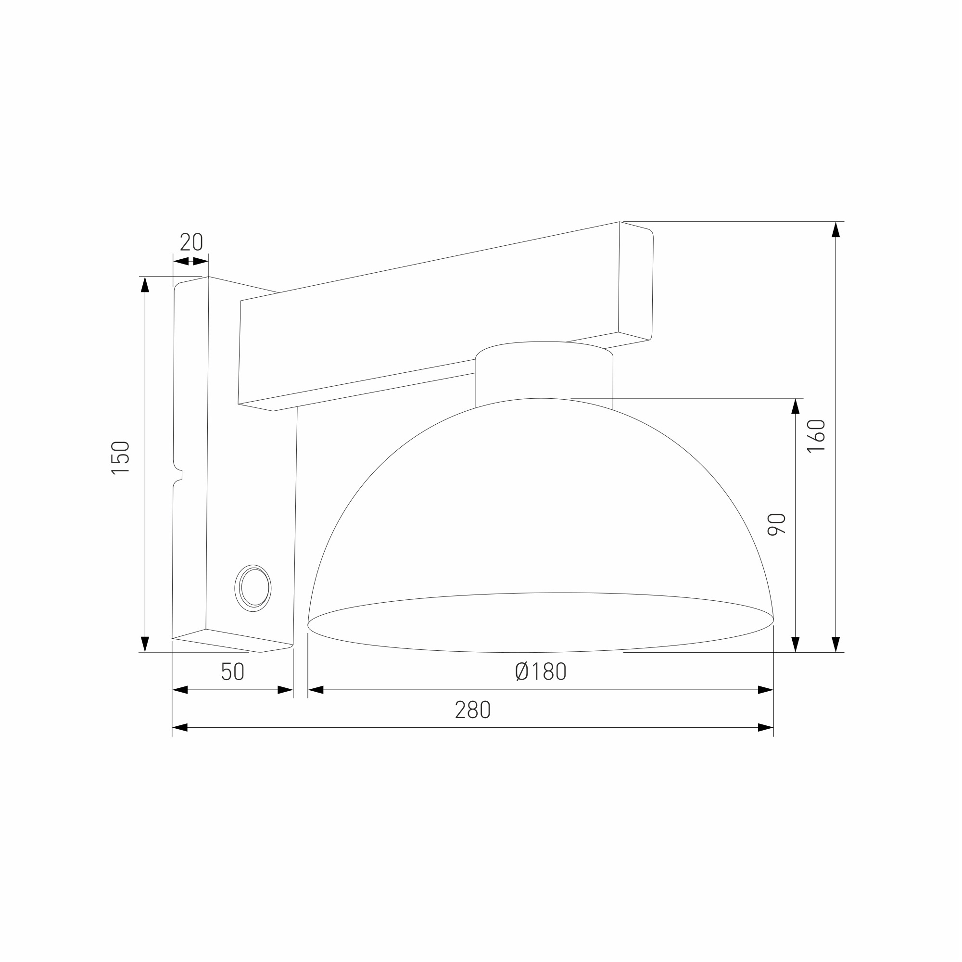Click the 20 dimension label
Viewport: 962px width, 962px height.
191,241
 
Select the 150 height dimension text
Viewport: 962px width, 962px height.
121,457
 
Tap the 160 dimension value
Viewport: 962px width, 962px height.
817,436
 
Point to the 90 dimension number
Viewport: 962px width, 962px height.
777,524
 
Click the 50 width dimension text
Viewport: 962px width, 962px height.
232,671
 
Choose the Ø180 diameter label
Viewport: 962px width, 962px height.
540,671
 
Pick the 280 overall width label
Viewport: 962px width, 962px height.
473,709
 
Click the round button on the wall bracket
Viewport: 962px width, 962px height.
253,588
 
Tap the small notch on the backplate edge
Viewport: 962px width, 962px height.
179,475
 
